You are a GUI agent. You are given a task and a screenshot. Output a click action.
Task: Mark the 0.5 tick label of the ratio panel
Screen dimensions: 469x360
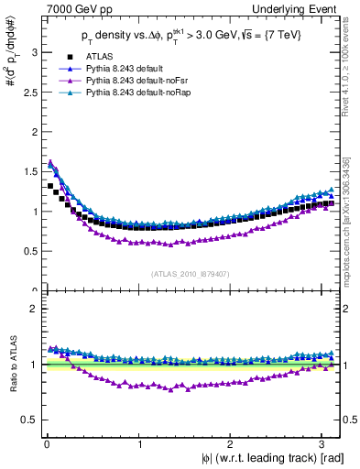pos(27,420)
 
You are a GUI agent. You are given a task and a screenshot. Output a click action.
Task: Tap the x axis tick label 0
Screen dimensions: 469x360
pos(46,443)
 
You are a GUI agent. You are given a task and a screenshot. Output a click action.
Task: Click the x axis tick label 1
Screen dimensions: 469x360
pos(138,443)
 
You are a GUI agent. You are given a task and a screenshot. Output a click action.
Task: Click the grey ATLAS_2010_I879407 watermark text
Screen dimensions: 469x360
pos(190,272)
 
